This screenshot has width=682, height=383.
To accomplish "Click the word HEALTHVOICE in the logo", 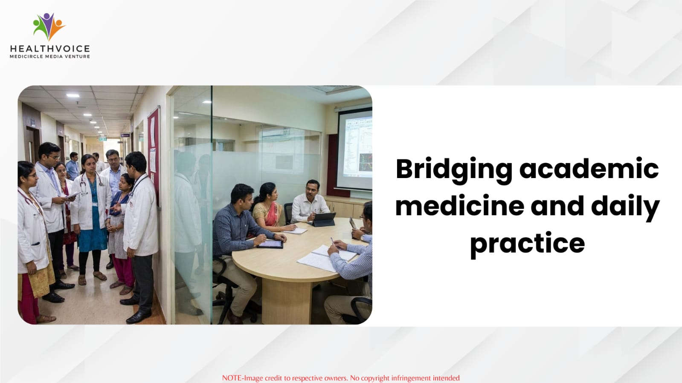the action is [x=50, y=49].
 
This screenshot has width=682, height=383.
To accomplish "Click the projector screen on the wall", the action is [x=355, y=149].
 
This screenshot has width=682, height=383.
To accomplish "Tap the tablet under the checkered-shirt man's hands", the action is [x=270, y=244].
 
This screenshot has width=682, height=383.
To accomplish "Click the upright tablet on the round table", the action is [x=324, y=219].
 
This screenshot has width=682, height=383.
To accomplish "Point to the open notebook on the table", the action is [x=325, y=258].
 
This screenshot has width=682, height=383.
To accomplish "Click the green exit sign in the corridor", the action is [x=102, y=139].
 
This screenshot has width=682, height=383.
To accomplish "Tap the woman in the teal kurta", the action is [x=91, y=219].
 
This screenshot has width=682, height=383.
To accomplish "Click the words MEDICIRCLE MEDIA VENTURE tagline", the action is [x=50, y=57].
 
